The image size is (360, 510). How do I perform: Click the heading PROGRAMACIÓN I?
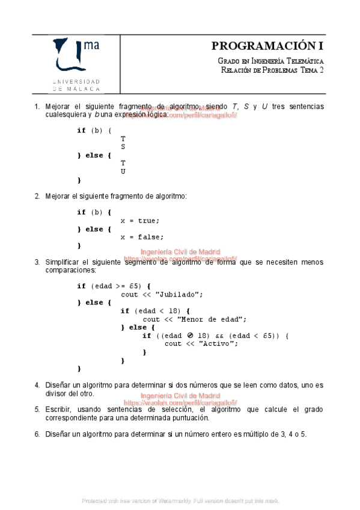pos(267,46)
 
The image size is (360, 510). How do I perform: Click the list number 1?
pos(37,106)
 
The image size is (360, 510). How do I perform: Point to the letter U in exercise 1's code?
pos(123,171)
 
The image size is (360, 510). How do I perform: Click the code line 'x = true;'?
pos(140,220)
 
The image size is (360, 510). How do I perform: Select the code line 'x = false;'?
pos(142,237)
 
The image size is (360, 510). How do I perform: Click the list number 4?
pos(37,385)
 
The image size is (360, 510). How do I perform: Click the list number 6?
pos(37,434)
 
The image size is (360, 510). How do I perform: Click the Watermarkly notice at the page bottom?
pos(180,500)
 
